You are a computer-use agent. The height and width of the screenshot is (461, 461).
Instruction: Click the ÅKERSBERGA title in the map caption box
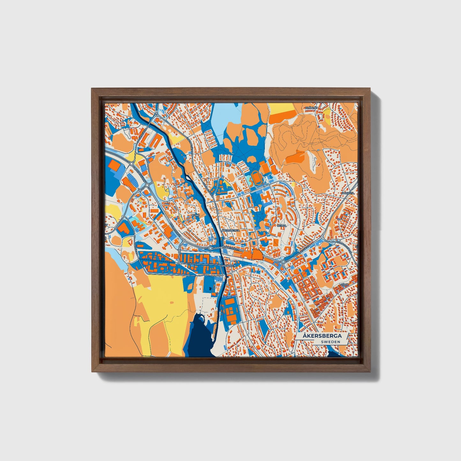(x=322, y=336)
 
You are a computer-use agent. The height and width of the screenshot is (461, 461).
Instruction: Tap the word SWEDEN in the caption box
(x=331, y=342)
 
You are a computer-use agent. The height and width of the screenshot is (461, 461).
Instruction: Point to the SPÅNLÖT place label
(x=311, y=108)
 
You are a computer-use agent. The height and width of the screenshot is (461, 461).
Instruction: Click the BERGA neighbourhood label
(x=282, y=225)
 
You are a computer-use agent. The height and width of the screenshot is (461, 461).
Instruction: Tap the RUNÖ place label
(x=195, y=216)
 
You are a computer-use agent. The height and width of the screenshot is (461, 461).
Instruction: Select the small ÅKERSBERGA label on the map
(x=230, y=230)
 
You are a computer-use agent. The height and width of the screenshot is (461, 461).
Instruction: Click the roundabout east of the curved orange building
(x=283, y=262)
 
